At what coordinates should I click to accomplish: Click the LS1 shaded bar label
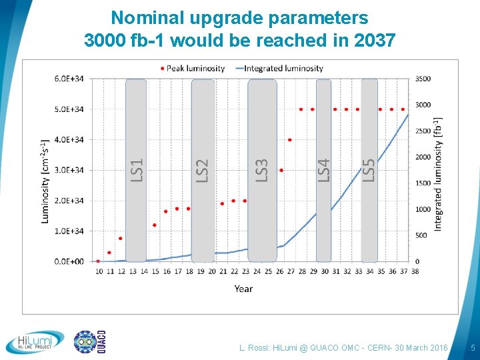click(x=136, y=169)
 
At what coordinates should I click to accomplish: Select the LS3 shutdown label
click(x=261, y=169)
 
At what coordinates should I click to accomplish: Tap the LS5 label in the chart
click(x=369, y=169)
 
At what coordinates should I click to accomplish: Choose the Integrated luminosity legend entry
click(x=279, y=68)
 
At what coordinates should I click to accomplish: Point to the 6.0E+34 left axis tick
click(x=69, y=79)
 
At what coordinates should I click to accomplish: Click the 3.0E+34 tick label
click(x=69, y=170)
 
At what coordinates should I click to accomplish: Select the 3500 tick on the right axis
click(x=423, y=79)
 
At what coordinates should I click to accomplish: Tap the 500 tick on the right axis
click(x=421, y=235)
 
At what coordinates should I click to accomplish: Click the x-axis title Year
click(x=243, y=289)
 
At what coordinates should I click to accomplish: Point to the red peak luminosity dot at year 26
click(x=281, y=170)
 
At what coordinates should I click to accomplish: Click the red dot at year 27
click(x=290, y=140)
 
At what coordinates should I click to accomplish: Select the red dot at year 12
click(x=121, y=238)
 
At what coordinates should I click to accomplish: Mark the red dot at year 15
click(x=155, y=225)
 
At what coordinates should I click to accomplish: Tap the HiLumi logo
click(x=35, y=343)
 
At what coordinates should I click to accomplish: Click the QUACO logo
click(x=89, y=342)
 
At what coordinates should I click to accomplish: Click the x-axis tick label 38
click(x=415, y=271)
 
